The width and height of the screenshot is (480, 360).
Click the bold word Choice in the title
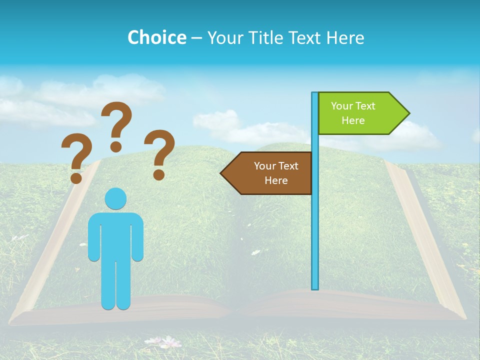tap(156, 37)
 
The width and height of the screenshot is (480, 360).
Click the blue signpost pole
tap(315, 225)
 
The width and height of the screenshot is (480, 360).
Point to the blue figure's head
tap(115, 199)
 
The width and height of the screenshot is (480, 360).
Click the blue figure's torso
tap(115, 235)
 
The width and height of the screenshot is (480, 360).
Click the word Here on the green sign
tap(353, 120)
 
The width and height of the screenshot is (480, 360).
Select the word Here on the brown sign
tap(276, 180)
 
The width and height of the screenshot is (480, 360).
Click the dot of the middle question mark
tap(116, 146)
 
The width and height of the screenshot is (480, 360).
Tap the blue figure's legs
tap(115, 285)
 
